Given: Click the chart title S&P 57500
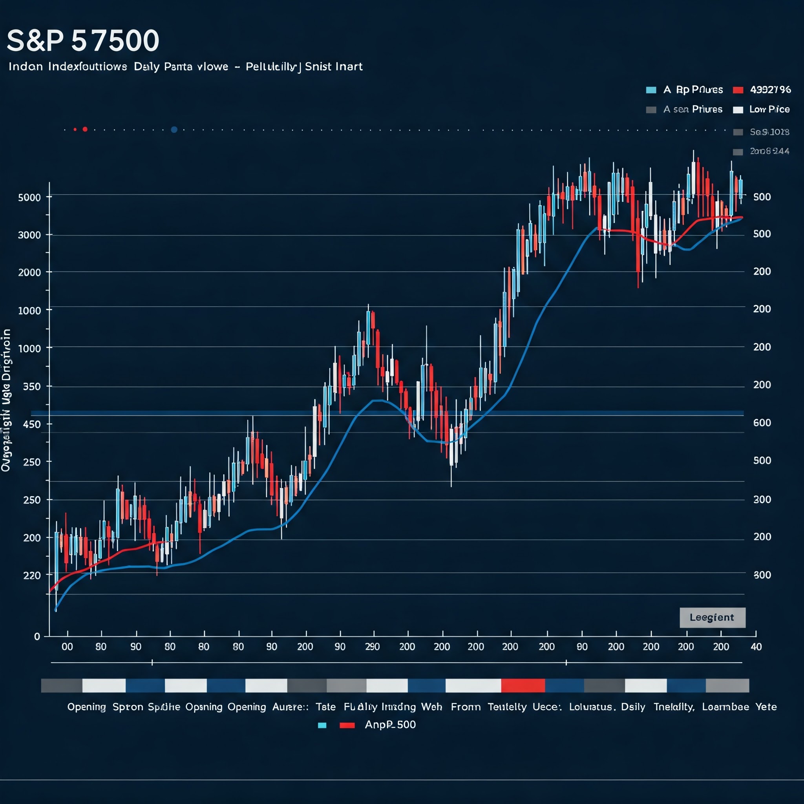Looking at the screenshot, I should pos(83,41).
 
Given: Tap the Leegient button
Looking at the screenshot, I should pos(712,618).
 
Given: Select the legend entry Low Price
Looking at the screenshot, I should pos(769,110).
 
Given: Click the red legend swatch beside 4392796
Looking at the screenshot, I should pos(738,90).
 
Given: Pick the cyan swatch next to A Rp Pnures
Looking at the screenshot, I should pos(651,90).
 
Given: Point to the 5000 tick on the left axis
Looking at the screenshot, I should pos(29,197).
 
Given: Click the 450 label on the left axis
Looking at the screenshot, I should pos(32,424).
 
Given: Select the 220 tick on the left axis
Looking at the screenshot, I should pos(32,576).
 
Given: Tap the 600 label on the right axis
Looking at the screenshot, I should pos(762,423).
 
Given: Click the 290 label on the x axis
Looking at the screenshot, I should pos(372,647).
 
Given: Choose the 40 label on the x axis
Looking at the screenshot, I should pos(756,647).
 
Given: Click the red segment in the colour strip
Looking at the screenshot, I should pos(523,685).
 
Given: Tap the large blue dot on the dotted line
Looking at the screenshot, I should pos(174,130).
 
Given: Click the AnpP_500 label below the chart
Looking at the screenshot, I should pos(390,725).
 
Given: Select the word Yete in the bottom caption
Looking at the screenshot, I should pos(766,707).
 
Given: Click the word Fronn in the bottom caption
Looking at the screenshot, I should pos(465,707).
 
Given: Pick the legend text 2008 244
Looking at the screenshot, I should pos(769,152).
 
